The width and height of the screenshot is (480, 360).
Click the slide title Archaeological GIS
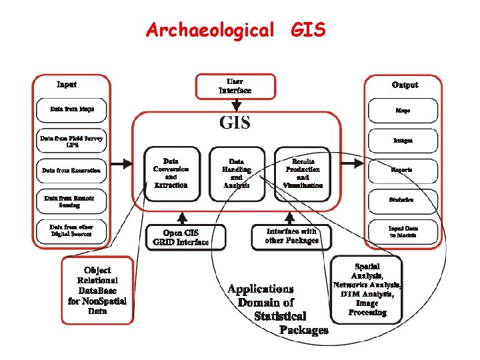236,30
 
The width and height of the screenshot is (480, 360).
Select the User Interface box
235,87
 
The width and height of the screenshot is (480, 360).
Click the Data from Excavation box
72,170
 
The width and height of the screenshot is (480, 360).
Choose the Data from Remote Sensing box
72,201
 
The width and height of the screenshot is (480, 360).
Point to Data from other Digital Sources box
72,231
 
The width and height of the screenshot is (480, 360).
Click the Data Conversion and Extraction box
171,173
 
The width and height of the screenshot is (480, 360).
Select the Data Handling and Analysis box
236,173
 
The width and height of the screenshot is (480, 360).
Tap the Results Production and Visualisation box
303,173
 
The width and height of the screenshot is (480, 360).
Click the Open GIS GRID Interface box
186,237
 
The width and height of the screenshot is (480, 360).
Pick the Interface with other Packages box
291,236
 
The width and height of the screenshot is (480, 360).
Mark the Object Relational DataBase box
97,290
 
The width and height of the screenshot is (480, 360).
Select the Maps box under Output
403,110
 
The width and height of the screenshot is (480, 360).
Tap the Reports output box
403,170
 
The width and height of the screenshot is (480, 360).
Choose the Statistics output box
403,200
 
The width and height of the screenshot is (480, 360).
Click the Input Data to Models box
403,231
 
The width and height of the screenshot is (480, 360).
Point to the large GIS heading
235,123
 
